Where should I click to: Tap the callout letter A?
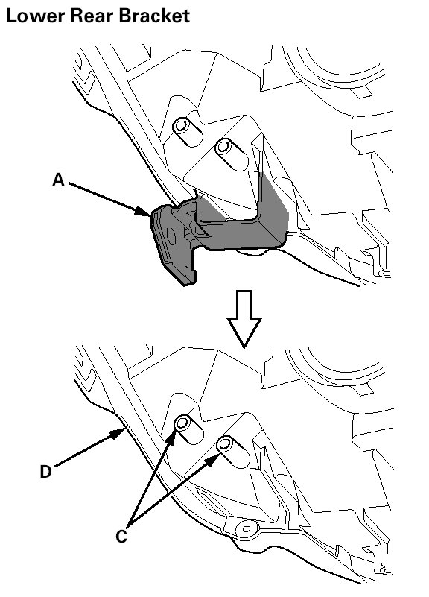pyautogui.click(x=58, y=180)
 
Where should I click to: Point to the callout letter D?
pyautogui.click(x=45, y=472)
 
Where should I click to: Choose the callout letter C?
pyautogui.click(x=121, y=537)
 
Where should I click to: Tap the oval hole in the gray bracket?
pyautogui.click(x=171, y=236)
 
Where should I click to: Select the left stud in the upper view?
pyautogui.click(x=181, y=125)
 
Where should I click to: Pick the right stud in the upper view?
pyautogui.click(x=223, y=146)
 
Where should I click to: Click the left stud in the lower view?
pyautogui.click(x=183, y=423)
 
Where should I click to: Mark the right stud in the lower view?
pyautogui.click(x=225, y=443)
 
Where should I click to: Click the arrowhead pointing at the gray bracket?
pyautogui.click(x=144, y=212)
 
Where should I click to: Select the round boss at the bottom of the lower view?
pyautogui.click(x=246, y=529)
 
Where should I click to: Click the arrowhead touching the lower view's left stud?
pyautogui.click(x=171, y=438)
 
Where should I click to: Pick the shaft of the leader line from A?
pyautogui.click(x=107, y=198)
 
